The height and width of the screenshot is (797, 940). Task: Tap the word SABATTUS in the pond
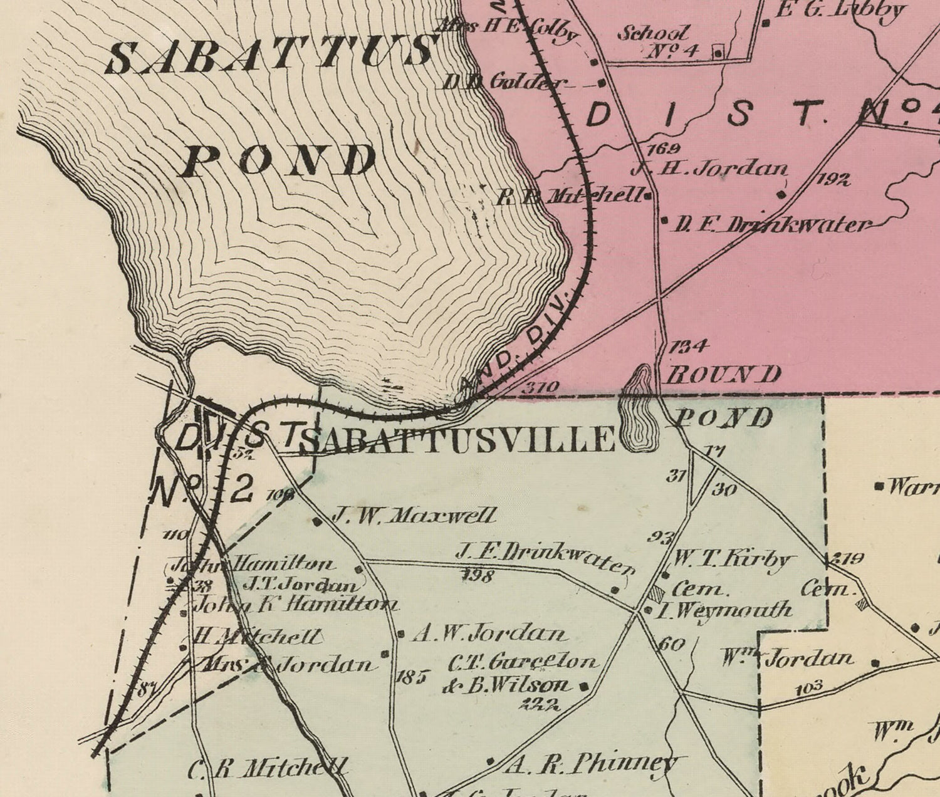tap(271, 55)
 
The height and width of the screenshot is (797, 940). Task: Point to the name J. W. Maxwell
tap(414, 516)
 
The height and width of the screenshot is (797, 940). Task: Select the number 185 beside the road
tap(411, 676)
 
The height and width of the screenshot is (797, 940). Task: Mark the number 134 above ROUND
tap(689, 345)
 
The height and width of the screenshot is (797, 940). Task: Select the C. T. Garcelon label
tap(523, 661)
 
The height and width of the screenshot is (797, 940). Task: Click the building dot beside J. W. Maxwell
tap(317, 521)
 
